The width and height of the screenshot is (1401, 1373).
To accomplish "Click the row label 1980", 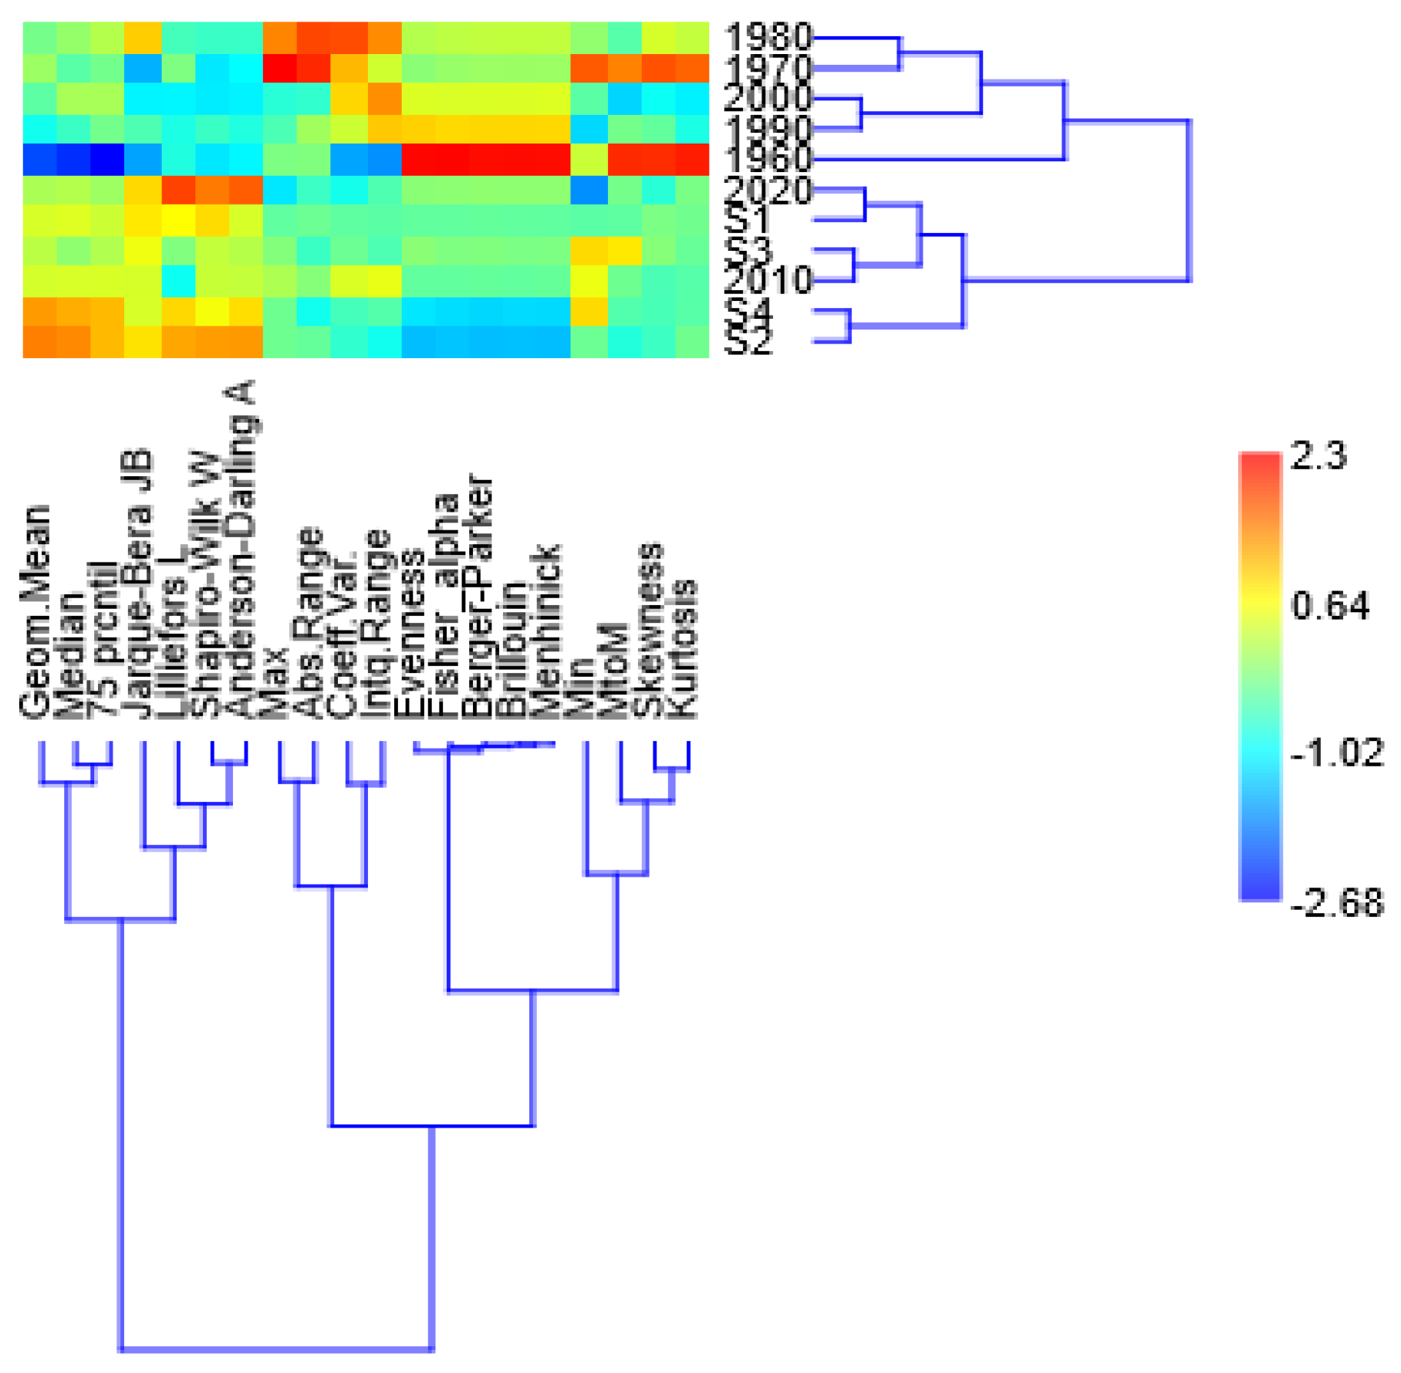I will [x=768, y=37].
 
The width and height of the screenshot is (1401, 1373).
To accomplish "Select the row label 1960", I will [x=768, y=159].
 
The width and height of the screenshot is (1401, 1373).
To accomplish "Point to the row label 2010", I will [x=768, y=280].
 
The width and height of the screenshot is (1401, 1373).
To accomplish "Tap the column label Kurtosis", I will [x=682, y=648].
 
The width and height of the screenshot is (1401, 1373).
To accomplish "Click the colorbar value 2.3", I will [x=1318, y=456].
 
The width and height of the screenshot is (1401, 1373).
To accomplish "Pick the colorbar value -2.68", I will [x=1337, y=902].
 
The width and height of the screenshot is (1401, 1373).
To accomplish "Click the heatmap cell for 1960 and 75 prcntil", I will [x=108, y=159].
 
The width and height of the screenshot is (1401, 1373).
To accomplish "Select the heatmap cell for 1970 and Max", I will [x=280, y=68].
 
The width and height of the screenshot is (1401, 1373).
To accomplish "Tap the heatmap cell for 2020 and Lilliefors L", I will [x=177, y=190].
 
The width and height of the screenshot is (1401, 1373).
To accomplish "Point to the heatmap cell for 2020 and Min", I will [x=589, y=190].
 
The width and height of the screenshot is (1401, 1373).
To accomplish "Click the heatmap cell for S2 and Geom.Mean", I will [x=40, y=342].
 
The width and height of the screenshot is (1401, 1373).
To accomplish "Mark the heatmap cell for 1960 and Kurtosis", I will [x=692, y=159].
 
